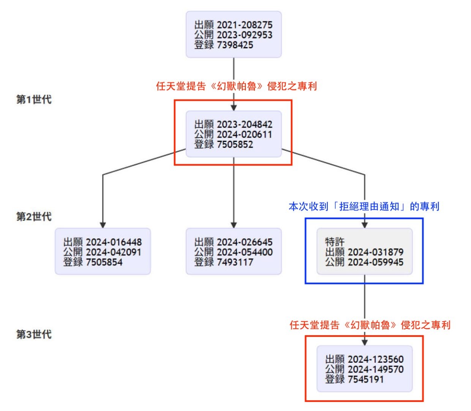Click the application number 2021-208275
pos(245,25)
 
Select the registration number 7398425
pos(235,45)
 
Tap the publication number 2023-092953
pos(245,35)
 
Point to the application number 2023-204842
pos(245,124)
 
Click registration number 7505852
pos(235,145)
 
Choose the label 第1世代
pos(34,100)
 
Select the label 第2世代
pos(34,217)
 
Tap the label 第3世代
pos(34,335)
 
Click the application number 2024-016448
pos(114,242)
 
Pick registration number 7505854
pos(104,262)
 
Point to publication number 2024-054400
pos(245,252)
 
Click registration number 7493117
pos(235,262)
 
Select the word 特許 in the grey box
pos(335,242)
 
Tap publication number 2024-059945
pos(376,262)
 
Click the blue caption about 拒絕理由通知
pos(364,206)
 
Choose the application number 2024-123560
pos(376,359)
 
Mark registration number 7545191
pos(366,379)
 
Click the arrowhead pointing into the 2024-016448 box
pos(103,225)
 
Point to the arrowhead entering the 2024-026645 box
pos(234,225)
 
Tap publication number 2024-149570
pos(376,369)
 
